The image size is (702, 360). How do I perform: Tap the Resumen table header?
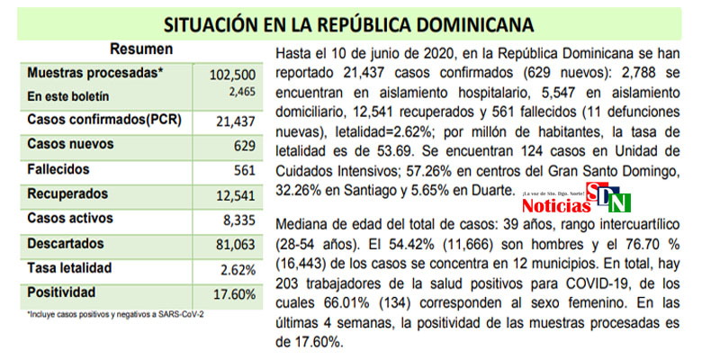tap(141, 49)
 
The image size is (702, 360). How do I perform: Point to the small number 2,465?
tap(240, 91)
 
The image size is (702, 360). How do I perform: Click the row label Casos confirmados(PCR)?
tap(100, 120)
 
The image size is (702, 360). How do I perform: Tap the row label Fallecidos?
tap(58, 169)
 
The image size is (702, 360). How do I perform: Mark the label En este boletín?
tap(69, 95)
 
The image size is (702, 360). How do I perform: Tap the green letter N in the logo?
tap(620, 203)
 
